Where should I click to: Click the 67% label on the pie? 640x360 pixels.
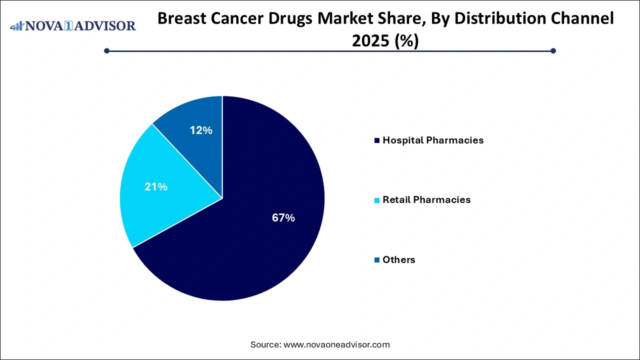pyautogui.click(x=283, y=218)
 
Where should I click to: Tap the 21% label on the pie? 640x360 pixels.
pyautogui.click(x=155, y=187)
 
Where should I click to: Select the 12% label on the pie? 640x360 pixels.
pyautogui.click(x=201, y=130)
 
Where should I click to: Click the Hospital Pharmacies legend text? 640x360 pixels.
pyautogui.click(x=433, y=140)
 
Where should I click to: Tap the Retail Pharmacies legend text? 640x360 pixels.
pyautogui.click(x=426, y=200)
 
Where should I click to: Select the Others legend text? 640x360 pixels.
pyautogui.click(x=398, y=260)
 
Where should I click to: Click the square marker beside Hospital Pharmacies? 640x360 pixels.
pyautogui.click(x=377, y=140)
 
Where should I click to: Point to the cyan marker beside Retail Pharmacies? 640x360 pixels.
pyautogui.click(x=377, y=200)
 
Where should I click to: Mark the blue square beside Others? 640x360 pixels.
pyautogui.click(x=377, y=260)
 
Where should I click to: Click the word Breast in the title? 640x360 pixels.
pyautogui.click(x=182, y=19)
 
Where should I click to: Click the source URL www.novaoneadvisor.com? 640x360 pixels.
pyautogui.click(x=336, y=344)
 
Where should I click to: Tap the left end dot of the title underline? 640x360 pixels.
pyautogui.click(x=106, y=50)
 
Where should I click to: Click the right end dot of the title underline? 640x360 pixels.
pyautogui.click(x=553, y=50)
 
